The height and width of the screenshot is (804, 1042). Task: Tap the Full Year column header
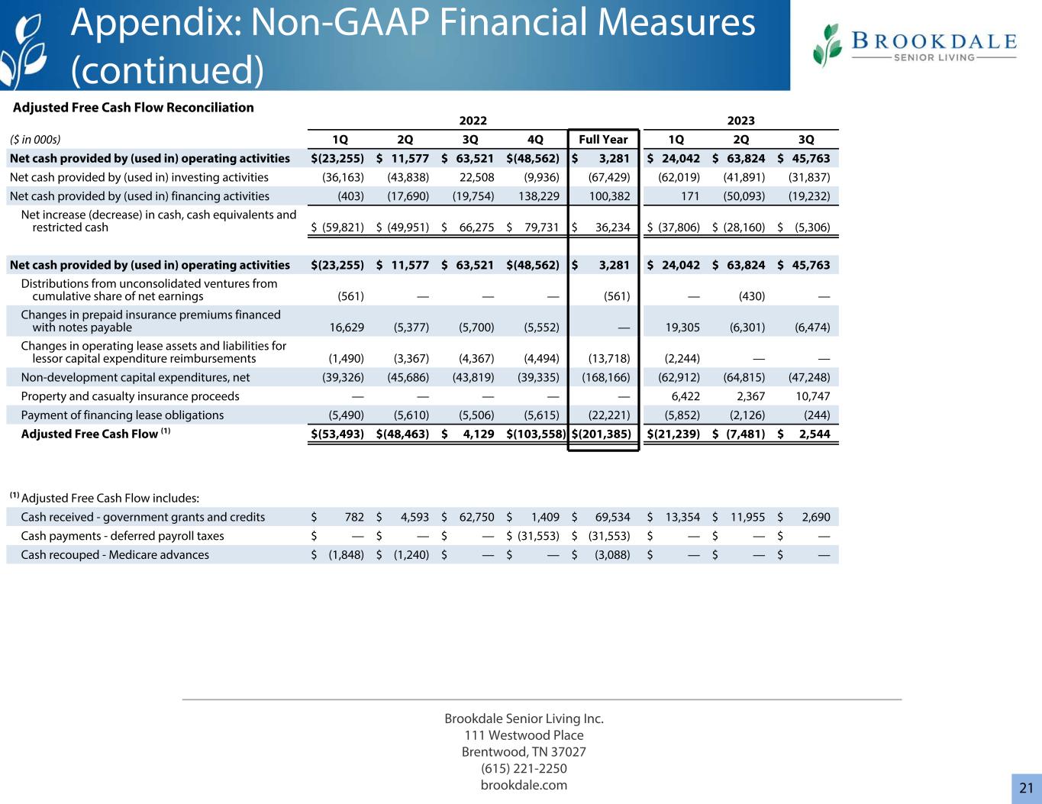[603, 140]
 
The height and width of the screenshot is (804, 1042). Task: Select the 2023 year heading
[740, 121]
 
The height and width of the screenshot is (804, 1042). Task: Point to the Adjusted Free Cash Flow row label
[90, 434]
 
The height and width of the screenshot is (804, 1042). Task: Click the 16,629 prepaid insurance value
[346, 328]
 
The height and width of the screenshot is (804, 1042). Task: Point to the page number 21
[1026, 788]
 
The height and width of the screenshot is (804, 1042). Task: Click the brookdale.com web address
[524, 785]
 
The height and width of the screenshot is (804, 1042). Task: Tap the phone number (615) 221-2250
[524, 768]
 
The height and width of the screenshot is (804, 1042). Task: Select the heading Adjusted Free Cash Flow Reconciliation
[134, 108]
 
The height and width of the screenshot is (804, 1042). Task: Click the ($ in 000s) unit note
[35, 140]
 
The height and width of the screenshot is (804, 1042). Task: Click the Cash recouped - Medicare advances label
[115, 554]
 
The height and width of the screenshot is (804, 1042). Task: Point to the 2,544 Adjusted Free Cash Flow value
[812, 434]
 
